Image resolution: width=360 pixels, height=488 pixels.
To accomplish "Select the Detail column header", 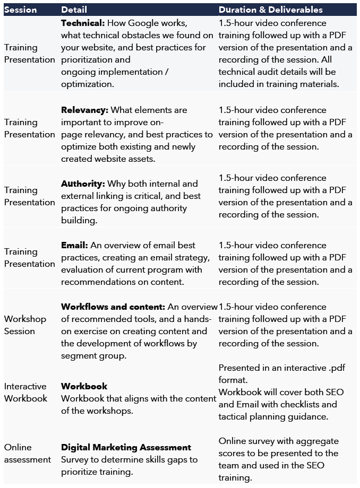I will pyautogui.click(x=74, y=10).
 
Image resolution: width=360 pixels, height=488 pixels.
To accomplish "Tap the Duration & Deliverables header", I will pyautogui.click(x=270, y=10).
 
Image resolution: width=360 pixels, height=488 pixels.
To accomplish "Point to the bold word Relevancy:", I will pyautogui.click(x=84, y=110).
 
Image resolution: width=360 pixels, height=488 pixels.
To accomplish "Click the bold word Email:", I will pyautogui.click(x=74, y=246).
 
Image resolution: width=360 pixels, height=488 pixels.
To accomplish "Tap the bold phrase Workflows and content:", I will pyautogui.click(x=113, y=307).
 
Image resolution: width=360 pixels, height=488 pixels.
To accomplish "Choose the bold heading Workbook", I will pyautogui.click(x=84, y=386).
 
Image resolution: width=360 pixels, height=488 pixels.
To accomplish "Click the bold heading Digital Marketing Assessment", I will pyautogui.click(x=126, y=448).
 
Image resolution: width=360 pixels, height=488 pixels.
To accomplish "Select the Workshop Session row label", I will pyautogui.click(x=25, y=325).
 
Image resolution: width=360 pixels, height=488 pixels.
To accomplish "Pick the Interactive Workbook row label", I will pyautogui.click(x=25, y=393).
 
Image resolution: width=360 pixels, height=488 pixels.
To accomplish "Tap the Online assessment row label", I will pyautogui.click(x=28, y=454).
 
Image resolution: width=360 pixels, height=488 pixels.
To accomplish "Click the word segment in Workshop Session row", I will pyautogui.click(x=78, y=356).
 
